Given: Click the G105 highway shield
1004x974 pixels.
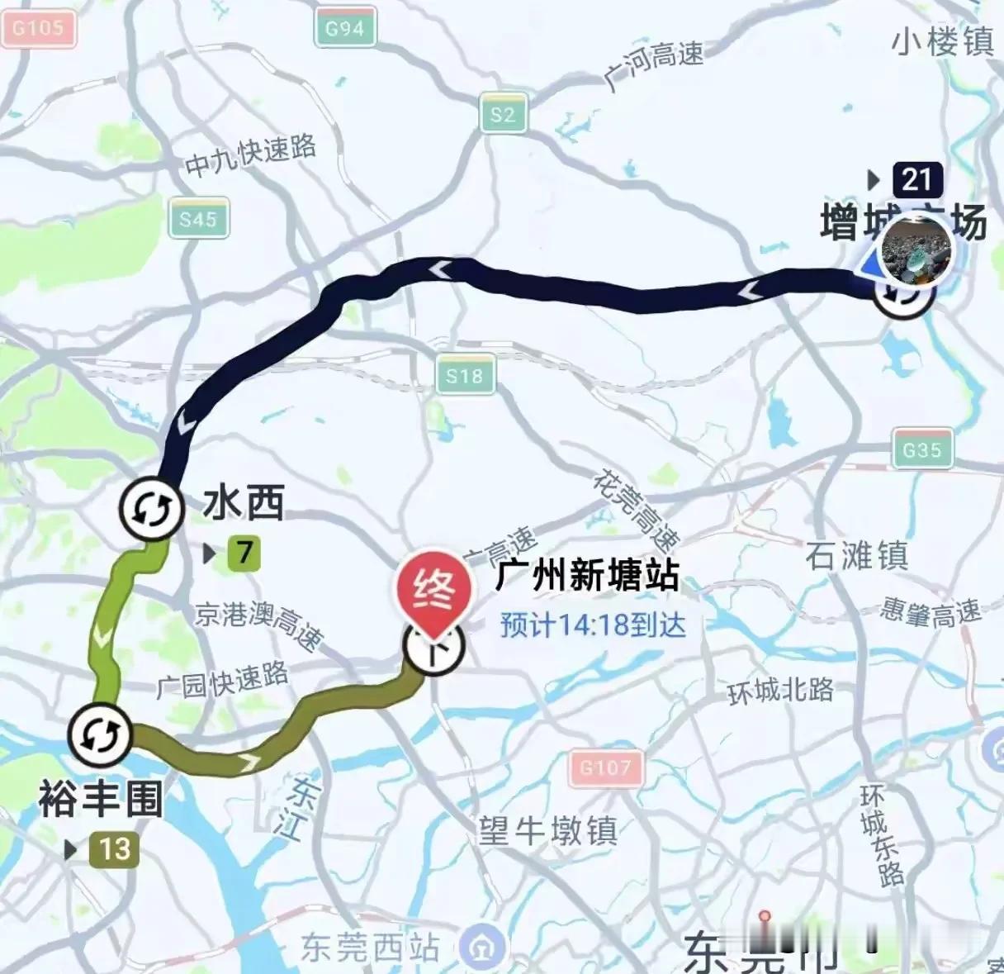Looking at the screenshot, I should [38, 29].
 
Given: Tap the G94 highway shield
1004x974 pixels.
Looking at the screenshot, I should [344, 29].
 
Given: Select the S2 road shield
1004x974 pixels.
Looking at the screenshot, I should [503, 115].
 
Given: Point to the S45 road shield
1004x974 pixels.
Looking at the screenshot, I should [198, 219].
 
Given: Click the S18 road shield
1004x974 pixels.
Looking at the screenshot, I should [465, 377].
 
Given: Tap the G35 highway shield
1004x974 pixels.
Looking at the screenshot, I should [921, 450].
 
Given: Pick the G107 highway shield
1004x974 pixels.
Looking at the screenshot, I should [605, 767].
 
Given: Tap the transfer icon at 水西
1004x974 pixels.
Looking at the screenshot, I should [150, 509].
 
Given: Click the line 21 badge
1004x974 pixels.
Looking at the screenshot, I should [916, 179].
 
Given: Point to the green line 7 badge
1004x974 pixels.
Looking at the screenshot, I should [243, 552].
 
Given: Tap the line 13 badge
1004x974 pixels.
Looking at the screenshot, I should [114, 848].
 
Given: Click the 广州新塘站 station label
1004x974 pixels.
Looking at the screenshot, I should [587, 575].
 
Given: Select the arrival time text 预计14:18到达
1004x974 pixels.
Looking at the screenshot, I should [592, 625].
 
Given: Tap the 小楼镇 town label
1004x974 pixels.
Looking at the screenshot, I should [943, 41].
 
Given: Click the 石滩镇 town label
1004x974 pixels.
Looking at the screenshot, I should [856, 556].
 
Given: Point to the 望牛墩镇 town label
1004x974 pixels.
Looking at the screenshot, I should [548, 830].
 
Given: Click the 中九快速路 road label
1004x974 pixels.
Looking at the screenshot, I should [250, 155].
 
